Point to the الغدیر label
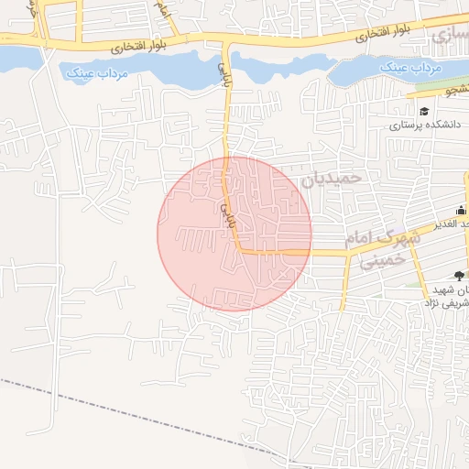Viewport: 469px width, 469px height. [x=454, y=224]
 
